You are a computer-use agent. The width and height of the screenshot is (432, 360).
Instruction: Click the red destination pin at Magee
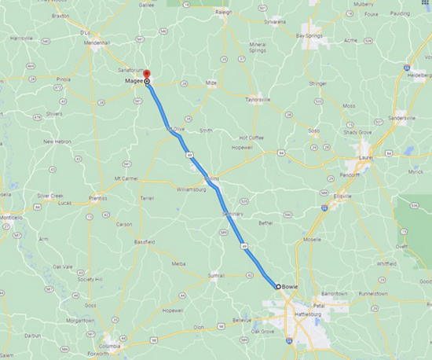click(147, 75)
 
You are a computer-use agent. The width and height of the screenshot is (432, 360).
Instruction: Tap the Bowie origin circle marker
click(277, 286)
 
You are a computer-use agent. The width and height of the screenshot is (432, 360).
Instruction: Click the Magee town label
click(132, 81)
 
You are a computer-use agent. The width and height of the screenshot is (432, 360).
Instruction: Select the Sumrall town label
click(215, 276)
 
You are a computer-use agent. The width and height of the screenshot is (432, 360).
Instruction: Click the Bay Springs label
click(309, 35)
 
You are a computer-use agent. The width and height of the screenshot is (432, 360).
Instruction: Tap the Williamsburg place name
click(191, 189)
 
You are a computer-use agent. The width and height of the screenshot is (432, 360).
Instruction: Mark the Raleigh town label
click(225, 13)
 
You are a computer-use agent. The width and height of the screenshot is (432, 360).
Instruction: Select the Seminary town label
click(233, 214)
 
